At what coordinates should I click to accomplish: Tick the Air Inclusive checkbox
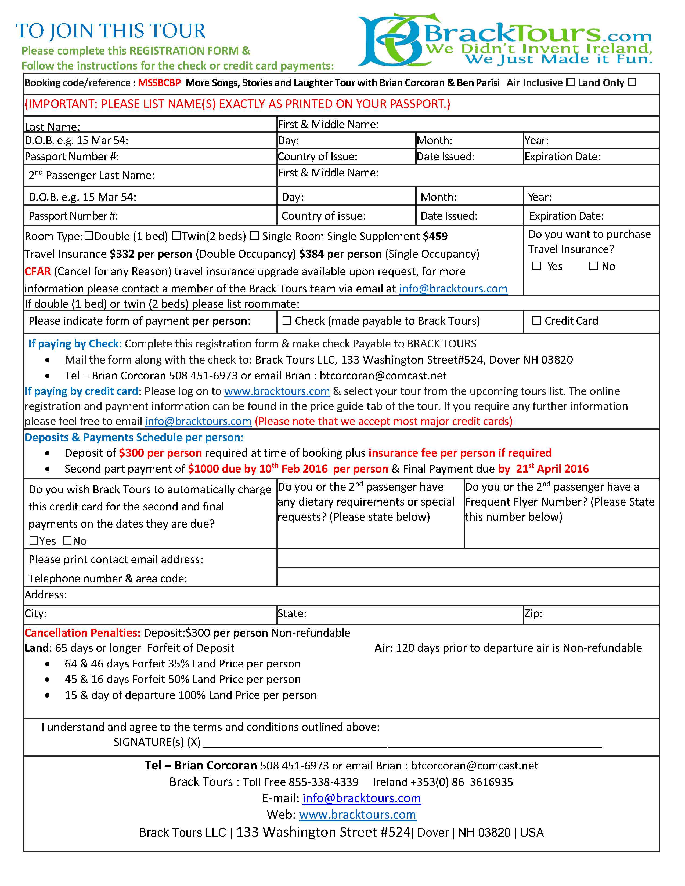click(x=571, y=82)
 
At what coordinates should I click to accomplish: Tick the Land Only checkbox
click(x=632, y=82)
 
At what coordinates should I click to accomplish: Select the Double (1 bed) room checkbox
click(x=89, y=236)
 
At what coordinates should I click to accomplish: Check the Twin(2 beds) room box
click(x=176, y=236)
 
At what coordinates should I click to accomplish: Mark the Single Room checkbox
click(x=254, y=236)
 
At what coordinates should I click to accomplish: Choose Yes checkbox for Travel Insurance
click(x=536, y=266)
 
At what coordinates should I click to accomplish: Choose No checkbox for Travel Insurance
click(x=593, y=266)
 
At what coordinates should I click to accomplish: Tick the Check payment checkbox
click(x=287, y=321)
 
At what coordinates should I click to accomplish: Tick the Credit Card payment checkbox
click(x=536, y=321)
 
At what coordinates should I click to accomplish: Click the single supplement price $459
click(x=435, y=236)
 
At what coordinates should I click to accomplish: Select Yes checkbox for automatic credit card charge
click(x=34, y=540)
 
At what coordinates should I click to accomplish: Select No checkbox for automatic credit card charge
click(x=67, y=540)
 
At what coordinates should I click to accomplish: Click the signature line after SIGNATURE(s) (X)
click(x=402, y=743)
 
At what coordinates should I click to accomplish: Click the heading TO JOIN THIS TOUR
click(x=111, y=31)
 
